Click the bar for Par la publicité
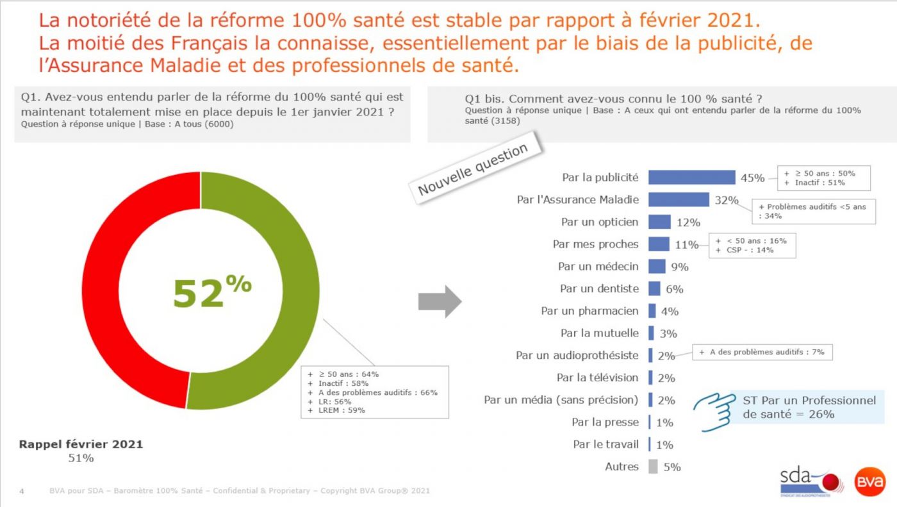coord(691,178)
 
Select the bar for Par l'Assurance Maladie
coord(679,199)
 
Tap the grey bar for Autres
coord(653,467)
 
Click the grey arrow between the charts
coord(440,301)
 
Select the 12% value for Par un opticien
coord(687,222)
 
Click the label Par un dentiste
coord(599,288)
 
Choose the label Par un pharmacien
coord(589,311)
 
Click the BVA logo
coord(870,481)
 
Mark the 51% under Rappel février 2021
coord(81,458)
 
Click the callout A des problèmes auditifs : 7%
coord(762,352)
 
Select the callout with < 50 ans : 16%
coord(752,245)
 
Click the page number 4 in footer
coord(22,492)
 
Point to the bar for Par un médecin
coord(657,266)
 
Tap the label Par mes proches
coord(595,244)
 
